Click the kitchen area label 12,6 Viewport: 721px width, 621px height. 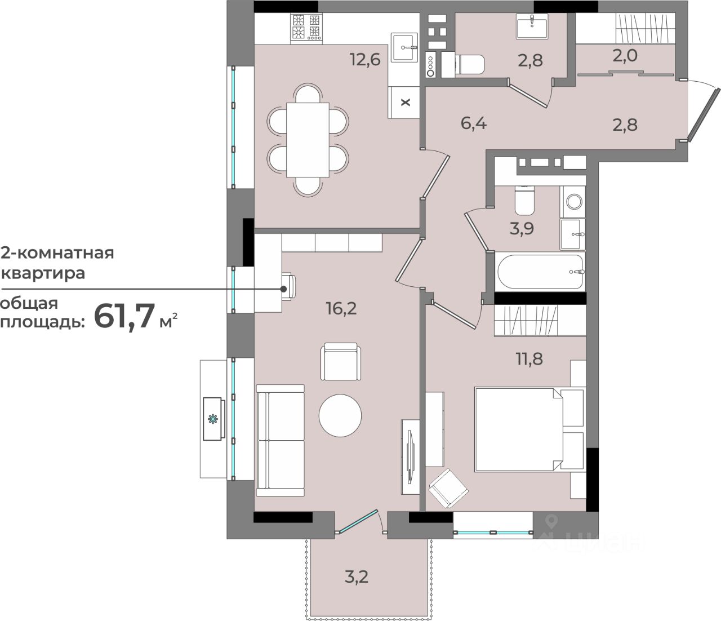(365, 60)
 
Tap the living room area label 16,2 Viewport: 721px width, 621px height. (341, 308)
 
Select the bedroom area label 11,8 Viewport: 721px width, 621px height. (529, 358)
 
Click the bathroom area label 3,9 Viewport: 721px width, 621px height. (522, 229)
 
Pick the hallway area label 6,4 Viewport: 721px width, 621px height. (474, 123)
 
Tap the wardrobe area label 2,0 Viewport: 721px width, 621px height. (625, 55)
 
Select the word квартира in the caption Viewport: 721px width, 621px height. (43, 273)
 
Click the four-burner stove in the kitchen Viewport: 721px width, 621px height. (306, 29)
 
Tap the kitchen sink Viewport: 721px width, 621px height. (404, 47)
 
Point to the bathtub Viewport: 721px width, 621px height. (541, 272)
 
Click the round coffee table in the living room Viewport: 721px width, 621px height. (340, 415)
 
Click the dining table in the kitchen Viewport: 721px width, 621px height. (308, 140)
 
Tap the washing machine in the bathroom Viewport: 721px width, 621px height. (573, 201)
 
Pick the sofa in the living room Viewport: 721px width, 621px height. (280, 440)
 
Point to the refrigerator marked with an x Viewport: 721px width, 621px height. (404, 102)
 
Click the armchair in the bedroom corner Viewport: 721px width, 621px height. (448, 489)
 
